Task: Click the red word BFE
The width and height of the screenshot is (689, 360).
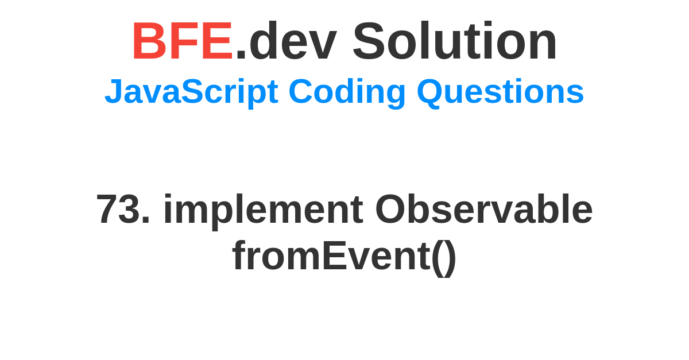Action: pos(182,41)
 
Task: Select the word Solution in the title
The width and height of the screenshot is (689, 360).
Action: pos(455,40)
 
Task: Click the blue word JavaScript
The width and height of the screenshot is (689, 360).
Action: pos(191,92)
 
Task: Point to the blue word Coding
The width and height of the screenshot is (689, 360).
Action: pos(347,92)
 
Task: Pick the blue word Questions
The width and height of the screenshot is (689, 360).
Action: pos(500,91)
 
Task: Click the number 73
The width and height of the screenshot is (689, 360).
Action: pos(118,209)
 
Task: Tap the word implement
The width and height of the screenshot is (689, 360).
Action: pos(264,212)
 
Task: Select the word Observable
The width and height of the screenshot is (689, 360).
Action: pos(484,209)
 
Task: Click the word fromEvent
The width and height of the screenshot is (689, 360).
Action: pos(331,256)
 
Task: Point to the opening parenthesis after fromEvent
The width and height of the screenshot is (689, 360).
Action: pos(438,258)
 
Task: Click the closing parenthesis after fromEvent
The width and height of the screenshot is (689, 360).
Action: pos(450,258)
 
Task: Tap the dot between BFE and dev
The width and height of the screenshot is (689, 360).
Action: pos(241,55)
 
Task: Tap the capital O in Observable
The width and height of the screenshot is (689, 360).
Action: pos(390,209)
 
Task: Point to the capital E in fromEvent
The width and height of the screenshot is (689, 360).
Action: pos(334,256)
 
